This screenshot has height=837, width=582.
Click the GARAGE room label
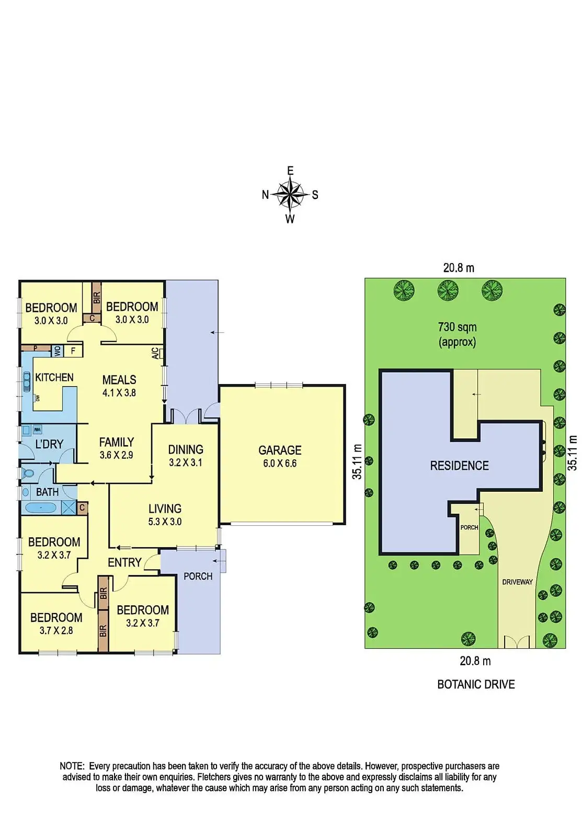[280, 450]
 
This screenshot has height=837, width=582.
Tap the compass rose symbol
[290, 195]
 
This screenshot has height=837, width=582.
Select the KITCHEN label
[54, 377]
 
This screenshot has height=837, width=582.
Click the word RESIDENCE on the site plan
[459, 466]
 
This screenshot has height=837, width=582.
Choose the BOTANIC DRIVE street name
[476, 684]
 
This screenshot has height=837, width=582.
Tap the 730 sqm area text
[457, 327]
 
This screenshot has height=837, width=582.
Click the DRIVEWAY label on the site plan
[517, 582]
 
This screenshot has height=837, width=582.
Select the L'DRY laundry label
[49, 444]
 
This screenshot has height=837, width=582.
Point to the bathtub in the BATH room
[40, 507]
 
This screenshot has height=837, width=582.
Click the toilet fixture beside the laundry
[28, 473]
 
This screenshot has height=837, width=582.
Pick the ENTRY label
[124, 562]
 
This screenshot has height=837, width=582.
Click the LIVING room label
[165, 508]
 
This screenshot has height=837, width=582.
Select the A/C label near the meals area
[155, 353]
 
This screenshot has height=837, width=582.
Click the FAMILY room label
[117, 442]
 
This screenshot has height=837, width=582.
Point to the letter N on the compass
[265, 195]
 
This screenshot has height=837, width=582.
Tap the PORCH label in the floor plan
[198, 576]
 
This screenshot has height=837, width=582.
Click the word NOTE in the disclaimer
[72, 766]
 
